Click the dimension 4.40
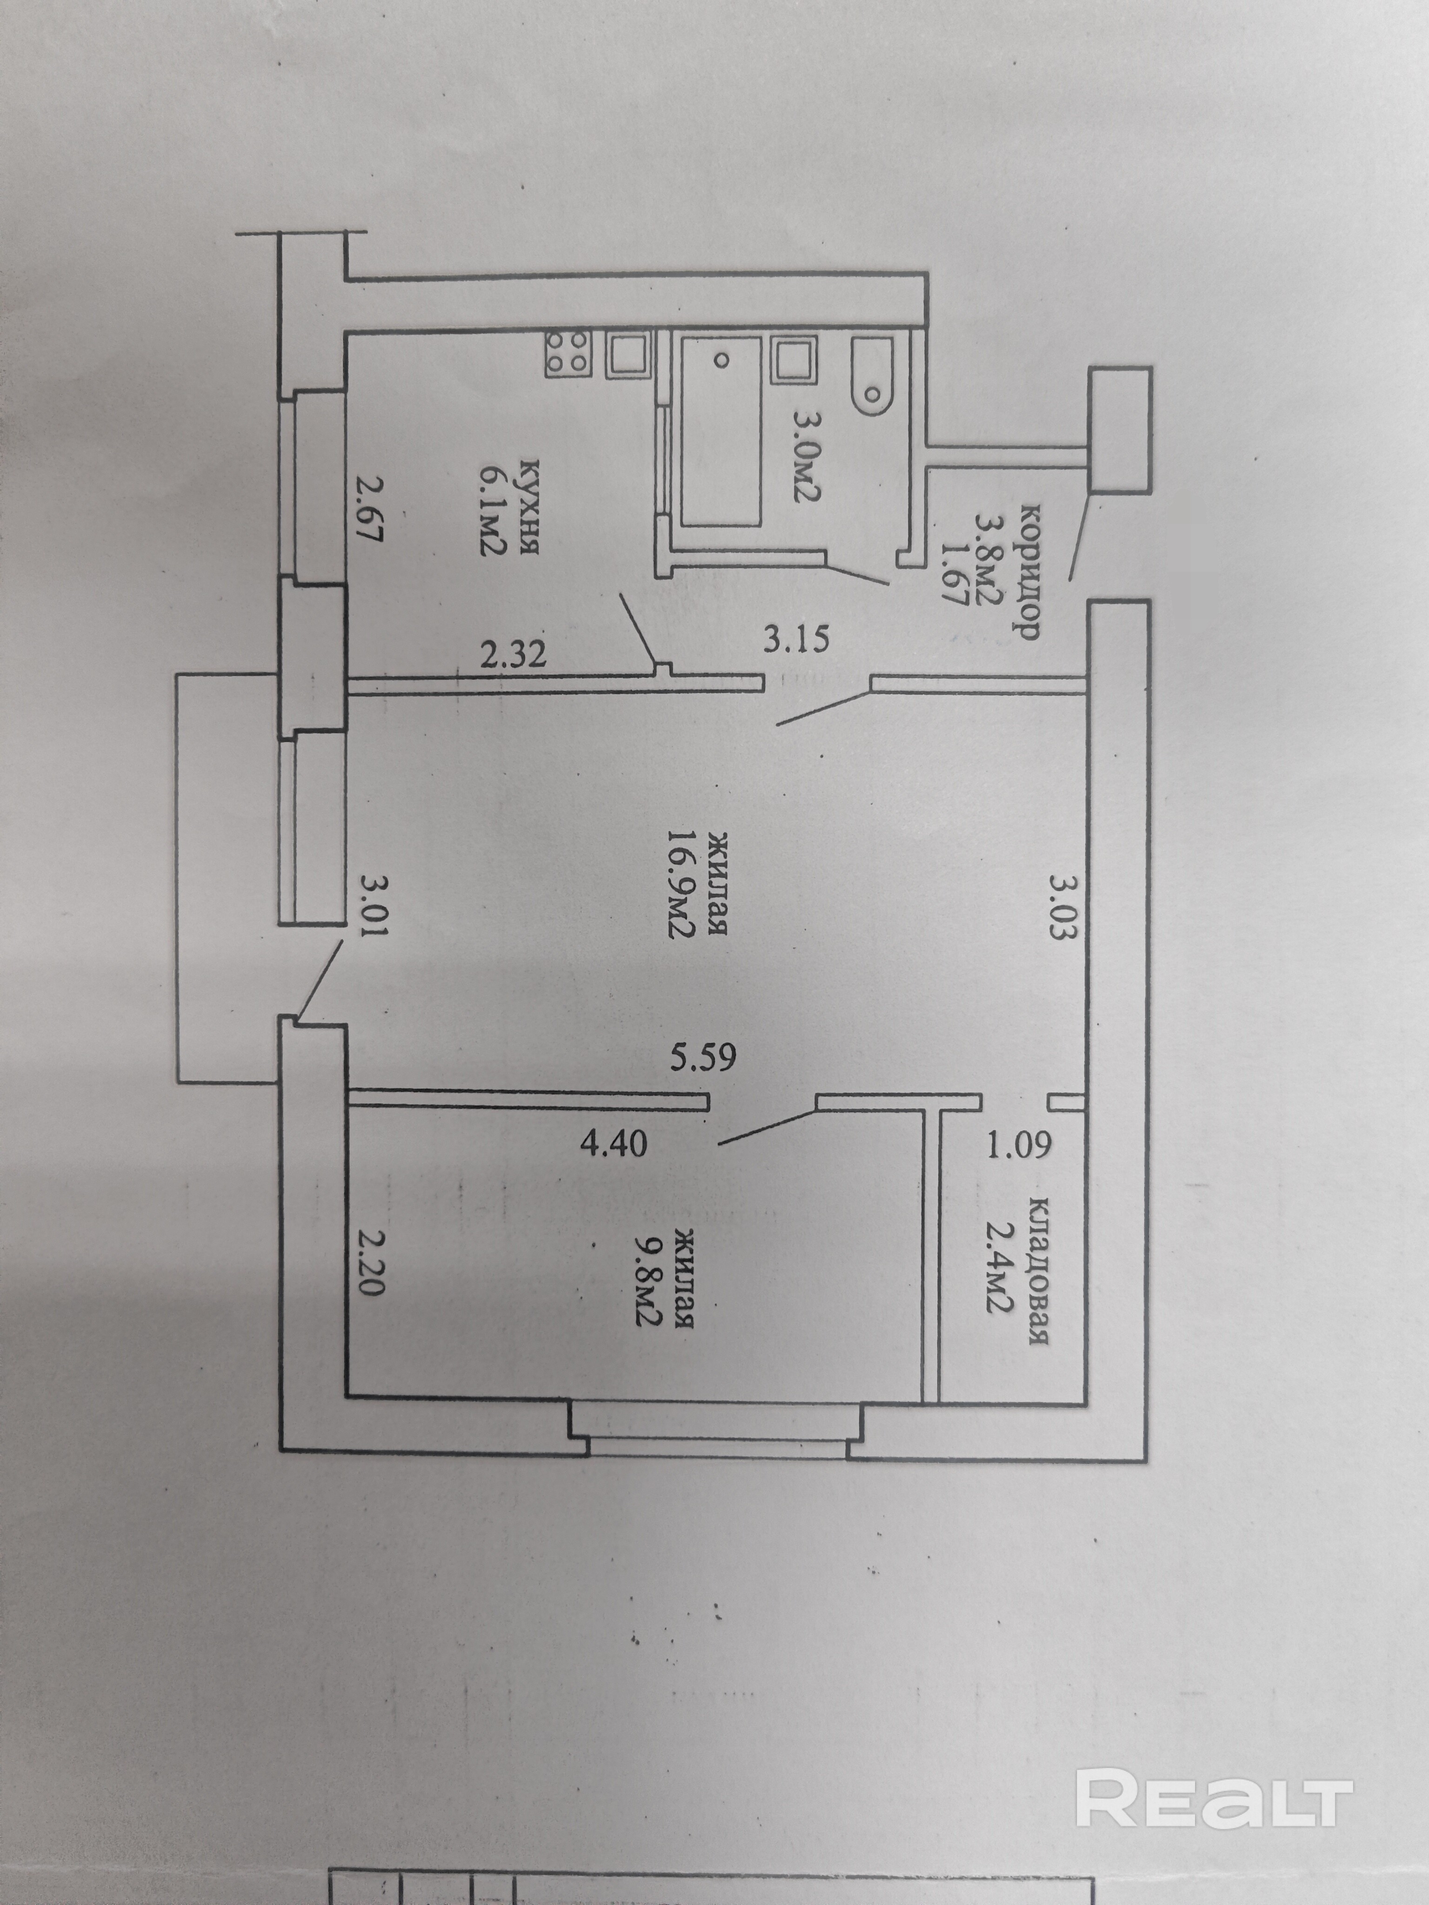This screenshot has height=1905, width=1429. coord(613,1145)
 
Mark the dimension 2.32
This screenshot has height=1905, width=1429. coord(514,655)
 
